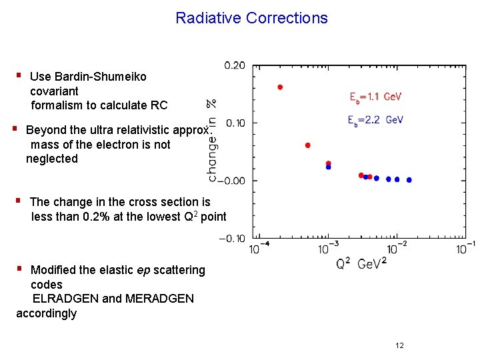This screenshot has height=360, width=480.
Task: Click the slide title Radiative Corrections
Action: [x=251, y=18]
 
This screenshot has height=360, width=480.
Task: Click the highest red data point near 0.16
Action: [x=280, y=87]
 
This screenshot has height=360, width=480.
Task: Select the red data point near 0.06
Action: [x=307, y=145]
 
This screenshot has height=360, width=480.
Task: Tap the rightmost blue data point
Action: [x=409, y=180]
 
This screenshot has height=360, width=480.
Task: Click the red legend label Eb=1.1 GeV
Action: [x=375, y=97]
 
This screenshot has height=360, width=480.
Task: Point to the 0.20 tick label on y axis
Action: [x=234, y=65]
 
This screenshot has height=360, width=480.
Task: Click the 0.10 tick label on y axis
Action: [x=234, y=123]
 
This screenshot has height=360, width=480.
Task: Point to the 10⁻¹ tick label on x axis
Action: [x=465, y=247]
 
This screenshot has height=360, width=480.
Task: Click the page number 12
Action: [x=399, y=345]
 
